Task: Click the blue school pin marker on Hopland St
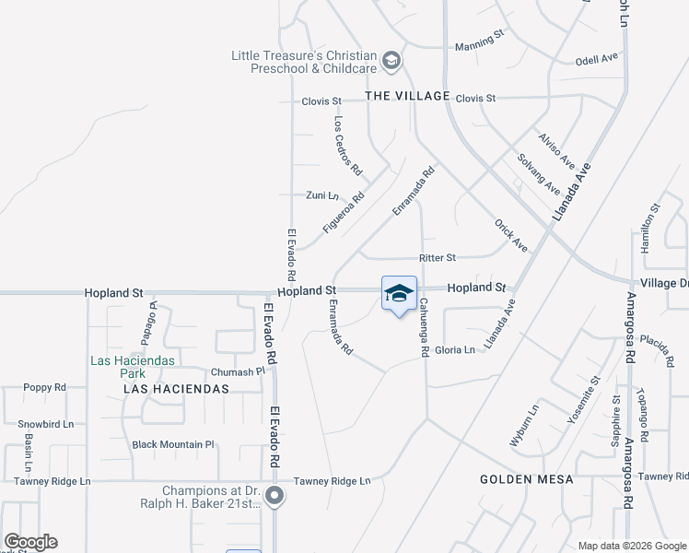pos(399,295)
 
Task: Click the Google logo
pos(30,542)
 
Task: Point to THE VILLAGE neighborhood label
pos(407,96)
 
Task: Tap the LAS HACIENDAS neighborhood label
pos(176,389)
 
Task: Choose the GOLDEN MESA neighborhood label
pos(527,479)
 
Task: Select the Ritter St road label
pos(438,258)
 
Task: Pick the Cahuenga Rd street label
pos(425,328)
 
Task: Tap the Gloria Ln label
pos(455,350)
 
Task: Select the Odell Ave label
pos(596,59)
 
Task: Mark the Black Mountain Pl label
pos(173,444)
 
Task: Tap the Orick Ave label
pos(510,236)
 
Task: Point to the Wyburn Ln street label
pos(523,425)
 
